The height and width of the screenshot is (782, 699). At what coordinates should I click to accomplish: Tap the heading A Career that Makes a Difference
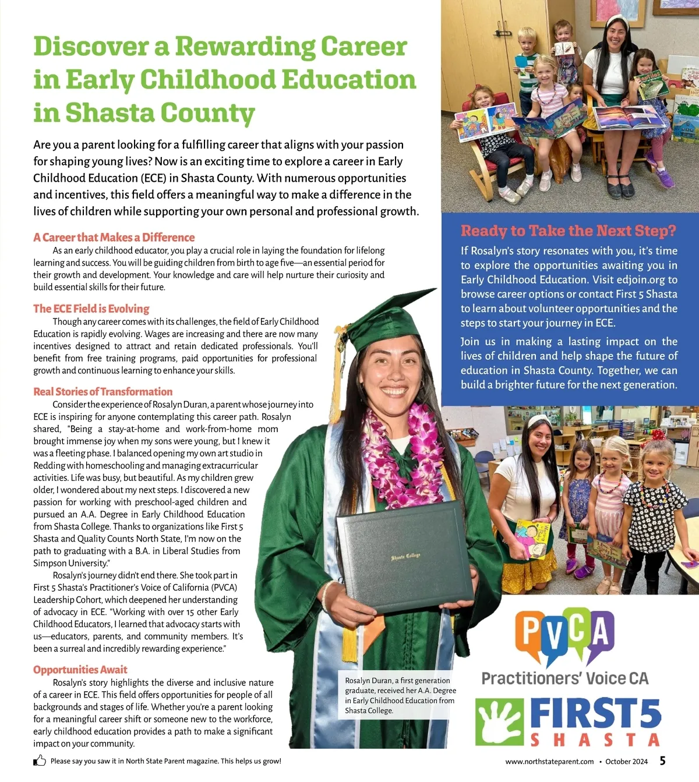click(114, 238)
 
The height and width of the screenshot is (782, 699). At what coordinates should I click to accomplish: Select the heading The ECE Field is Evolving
click(91, 309)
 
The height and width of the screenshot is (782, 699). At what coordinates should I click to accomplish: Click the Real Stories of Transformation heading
click(103, 392)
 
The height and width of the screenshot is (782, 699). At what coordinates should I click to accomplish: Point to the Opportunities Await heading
click(80, 670)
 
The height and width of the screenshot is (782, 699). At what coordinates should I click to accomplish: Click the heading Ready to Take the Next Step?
click(568, 231)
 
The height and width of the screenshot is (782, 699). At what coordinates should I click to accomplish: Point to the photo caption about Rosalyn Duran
click(400, 695)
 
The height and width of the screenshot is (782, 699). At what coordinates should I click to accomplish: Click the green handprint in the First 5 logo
click(499, 721)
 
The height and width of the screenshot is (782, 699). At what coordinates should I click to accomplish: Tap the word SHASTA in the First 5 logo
click(594, 740)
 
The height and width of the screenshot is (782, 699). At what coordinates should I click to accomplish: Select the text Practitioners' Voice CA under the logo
click(564, 678)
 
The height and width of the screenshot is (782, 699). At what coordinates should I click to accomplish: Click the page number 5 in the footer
click(662, 761)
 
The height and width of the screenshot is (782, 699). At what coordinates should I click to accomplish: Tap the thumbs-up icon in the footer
click(40, 760)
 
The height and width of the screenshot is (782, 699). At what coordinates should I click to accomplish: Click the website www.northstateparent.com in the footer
click(549, 762)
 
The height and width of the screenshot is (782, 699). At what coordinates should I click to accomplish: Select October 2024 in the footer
click(626, 762)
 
